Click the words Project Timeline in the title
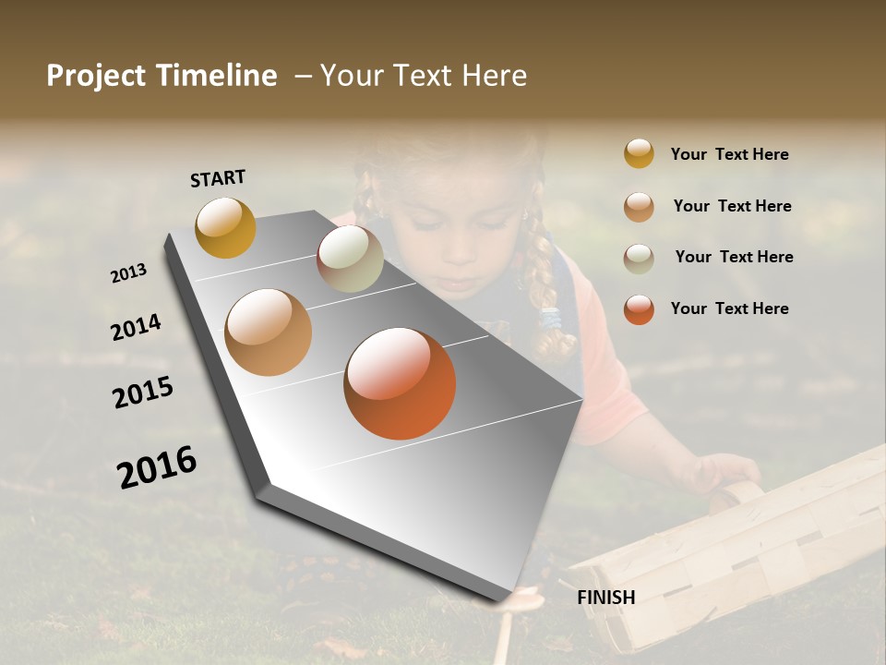click(x=162, y=76)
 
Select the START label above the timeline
click(x=218, y=178)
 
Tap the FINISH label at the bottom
click(x=605, y=598)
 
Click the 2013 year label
click(x=128, y=273)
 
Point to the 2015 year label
click(x=143, y=393)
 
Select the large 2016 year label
click(x=157, y=466)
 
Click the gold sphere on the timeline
click(x=225, y=227)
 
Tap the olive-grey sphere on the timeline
click(x=350, y=259)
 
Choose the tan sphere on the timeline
click(x=269, y=332)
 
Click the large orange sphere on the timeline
click(x=400, y=383)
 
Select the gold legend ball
click(x=639, y=153)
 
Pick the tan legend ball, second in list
click(x=639, y=206)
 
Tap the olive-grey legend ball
click(x=639, y=258)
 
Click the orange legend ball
click(x=639, y=308)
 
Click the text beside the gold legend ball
click(x=729, y=154)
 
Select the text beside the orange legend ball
click(x=729, y=308)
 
